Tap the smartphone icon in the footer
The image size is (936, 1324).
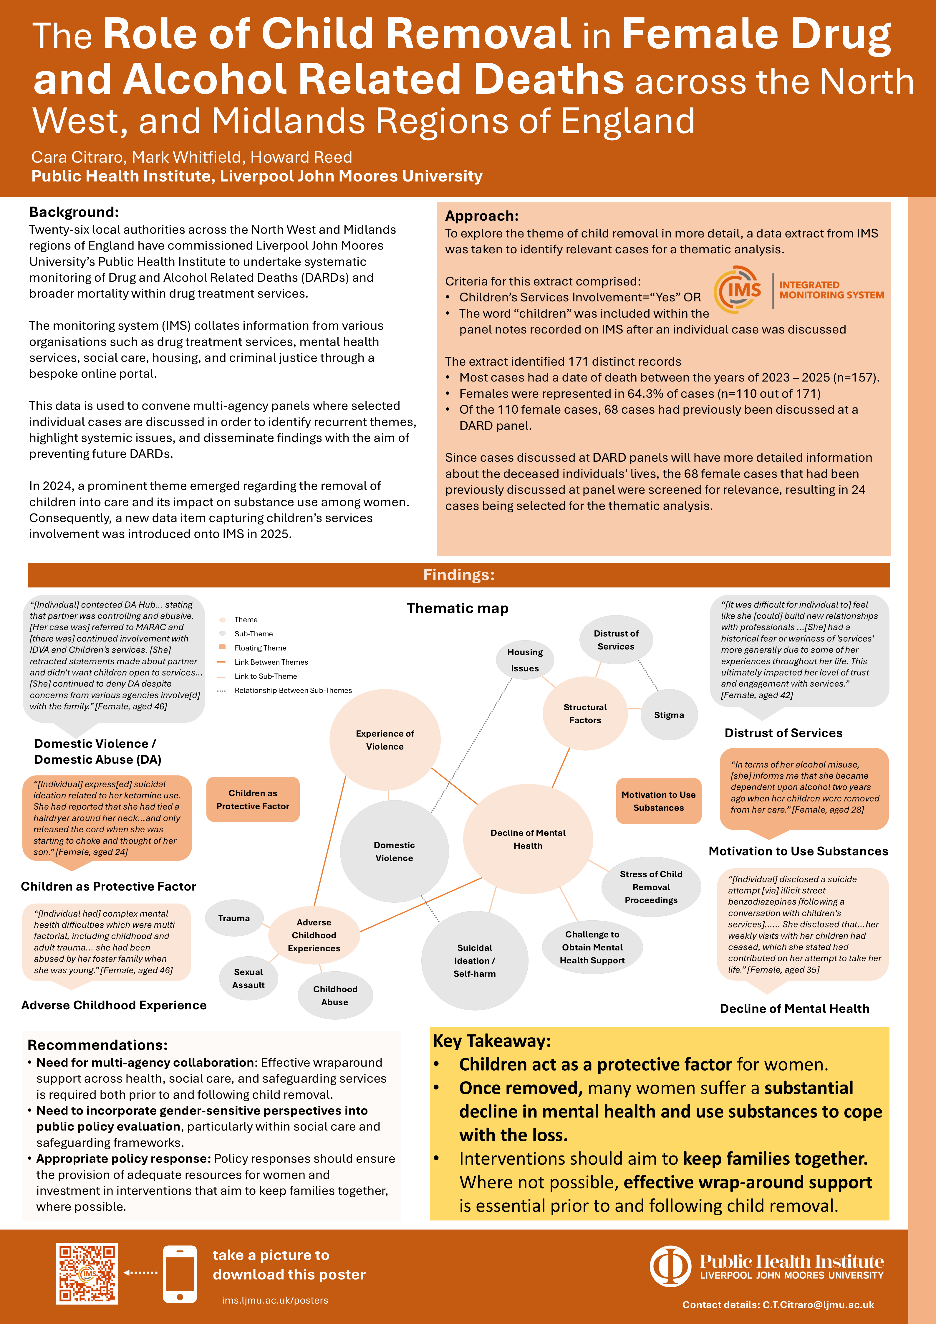point(180,1273)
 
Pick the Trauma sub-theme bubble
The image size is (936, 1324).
point(234,918)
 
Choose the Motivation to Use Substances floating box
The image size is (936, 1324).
point(659,801)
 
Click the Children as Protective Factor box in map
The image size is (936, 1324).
point(253,799)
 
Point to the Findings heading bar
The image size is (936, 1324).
point(459,575)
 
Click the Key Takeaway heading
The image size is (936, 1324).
point(492,1041)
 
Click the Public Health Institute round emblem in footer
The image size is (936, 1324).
point(670,1266)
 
